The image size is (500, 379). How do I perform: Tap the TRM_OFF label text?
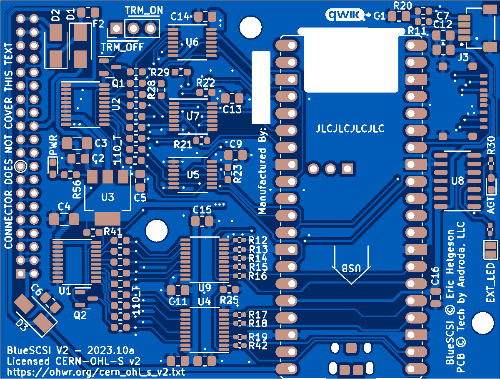coord(122,48)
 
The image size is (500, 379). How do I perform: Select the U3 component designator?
coord(107,197)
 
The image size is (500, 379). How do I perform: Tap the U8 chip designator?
coord(457,181)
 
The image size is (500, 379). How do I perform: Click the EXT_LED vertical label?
coord(491,284)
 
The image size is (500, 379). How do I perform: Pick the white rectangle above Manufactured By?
coord(261,88)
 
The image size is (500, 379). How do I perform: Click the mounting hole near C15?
coord(157,231)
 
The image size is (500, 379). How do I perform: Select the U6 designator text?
coord(192,42)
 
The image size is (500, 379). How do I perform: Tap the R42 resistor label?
coord(258,345)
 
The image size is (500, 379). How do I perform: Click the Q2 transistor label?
coord(80,316)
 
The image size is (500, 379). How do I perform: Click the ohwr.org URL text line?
coord(95,371)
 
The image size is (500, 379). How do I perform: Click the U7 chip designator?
coord(193,117)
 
